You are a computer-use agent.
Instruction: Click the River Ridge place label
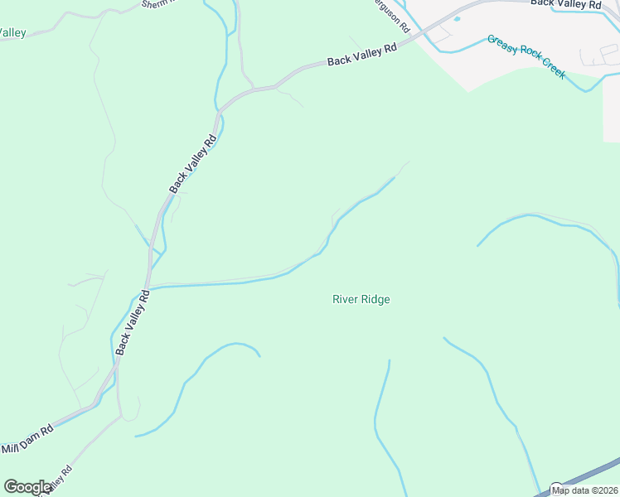361,299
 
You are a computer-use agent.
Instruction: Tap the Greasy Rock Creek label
526,56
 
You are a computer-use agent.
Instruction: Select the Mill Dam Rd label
27,440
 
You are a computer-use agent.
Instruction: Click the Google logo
27,487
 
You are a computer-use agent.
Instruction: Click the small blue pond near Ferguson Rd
457,19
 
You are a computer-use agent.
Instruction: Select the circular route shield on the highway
557,489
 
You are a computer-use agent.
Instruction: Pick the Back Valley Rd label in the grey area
565,4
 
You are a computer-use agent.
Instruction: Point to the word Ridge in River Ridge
375,299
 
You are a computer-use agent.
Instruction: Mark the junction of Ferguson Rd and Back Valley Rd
419,32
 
